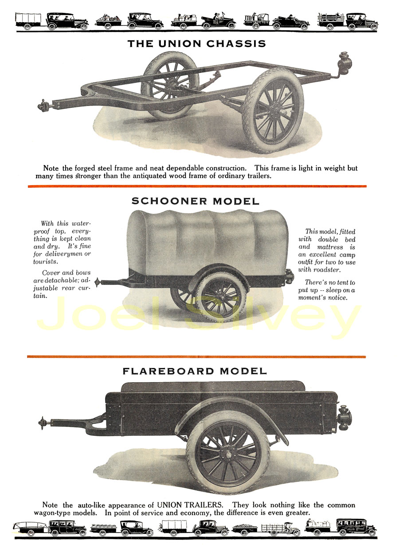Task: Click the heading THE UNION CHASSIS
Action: click(197, 43)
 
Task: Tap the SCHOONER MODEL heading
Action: click(196, 201)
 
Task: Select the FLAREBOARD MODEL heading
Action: click(195, 371)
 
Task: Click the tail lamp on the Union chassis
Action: click(344, 64)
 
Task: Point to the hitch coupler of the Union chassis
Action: click(43, 106)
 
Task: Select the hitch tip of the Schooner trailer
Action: click(98, 282)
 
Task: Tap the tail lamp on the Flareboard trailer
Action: click(344, 418)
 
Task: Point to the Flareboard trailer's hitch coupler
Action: click(44, 423)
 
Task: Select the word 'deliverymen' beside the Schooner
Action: click(64, 254)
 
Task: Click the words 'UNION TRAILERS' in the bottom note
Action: click(190, 505)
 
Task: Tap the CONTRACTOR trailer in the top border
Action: click(257, 21)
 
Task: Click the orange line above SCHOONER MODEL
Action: click(197, 186)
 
